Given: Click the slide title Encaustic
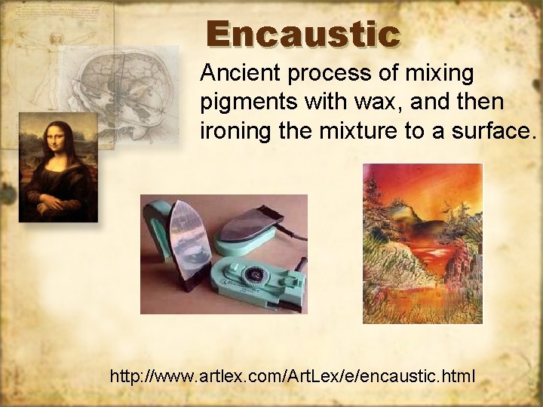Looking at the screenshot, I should [x=302, y=35].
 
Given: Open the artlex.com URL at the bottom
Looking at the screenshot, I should [x=293, y=375].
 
